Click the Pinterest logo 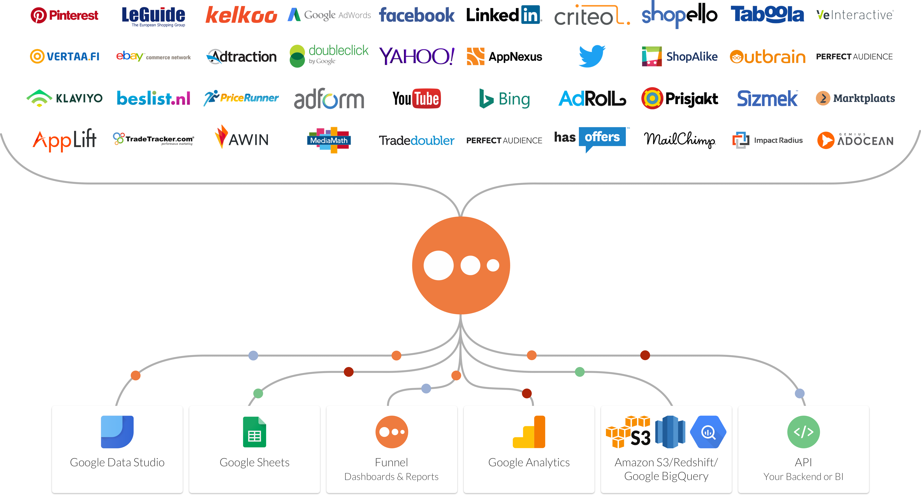pyautogui.click(x=64, y=15)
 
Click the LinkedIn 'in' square pyautogui.click(x=530, y=15)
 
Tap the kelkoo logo pyautogui.click(x=241, y=15)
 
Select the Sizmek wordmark pyautogui.click(x=767, y=99)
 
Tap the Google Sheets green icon pyautogui.click(x=255, y=432)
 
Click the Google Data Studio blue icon pyautogui.click(x=117, y=432)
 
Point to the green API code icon pyautogui.click(x=803, y=432)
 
